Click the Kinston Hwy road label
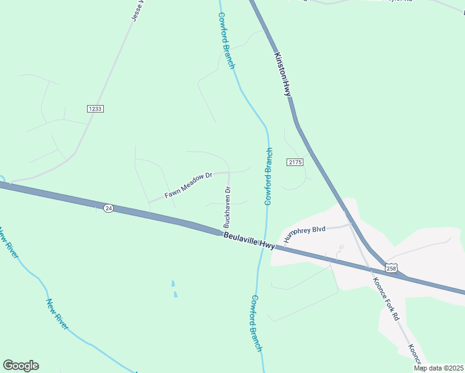pos(282,73)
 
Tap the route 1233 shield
pos(95,108)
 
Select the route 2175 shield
pos(295,162)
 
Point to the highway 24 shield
pos(109,207)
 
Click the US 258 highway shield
pos(390,267)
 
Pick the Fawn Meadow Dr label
pos(188,186)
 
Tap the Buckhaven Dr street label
pos(228,207)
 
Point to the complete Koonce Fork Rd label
pos(389,298)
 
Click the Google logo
pos(21,366)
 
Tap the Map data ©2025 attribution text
pos(438,368)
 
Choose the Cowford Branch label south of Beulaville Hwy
pos(256,323)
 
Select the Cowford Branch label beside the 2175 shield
pos(269,177)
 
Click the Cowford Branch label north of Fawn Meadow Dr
pos(226,41)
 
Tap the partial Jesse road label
pos(137,11)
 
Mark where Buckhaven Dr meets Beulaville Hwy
pos(223,233)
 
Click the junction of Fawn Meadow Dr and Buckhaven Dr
pos(229,172)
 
